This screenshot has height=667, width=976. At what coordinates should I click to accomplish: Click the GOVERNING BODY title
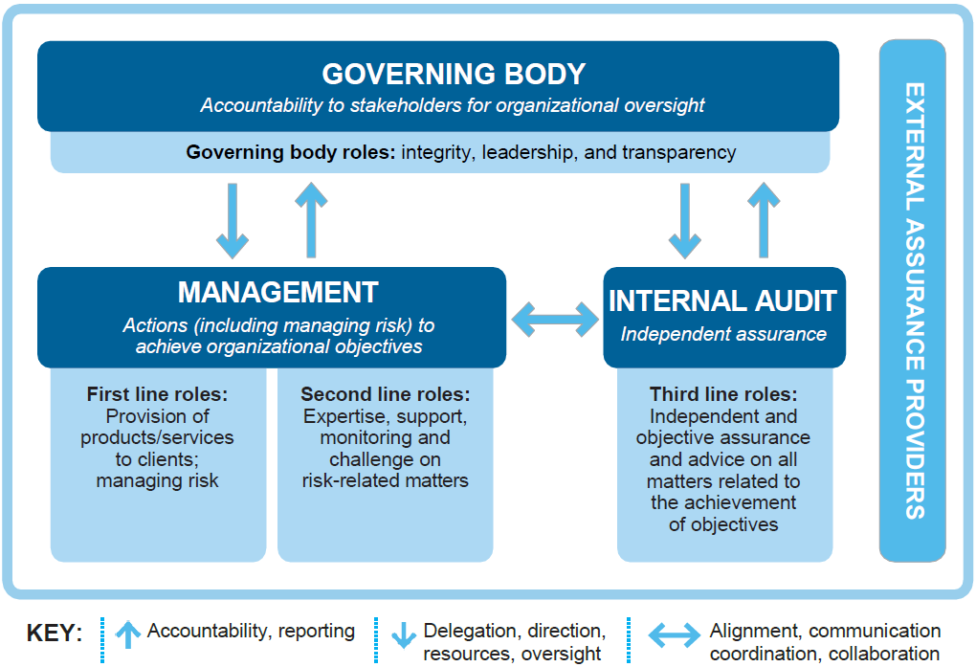click(454, 74)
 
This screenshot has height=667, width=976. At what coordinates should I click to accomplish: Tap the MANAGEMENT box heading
click(278, 292)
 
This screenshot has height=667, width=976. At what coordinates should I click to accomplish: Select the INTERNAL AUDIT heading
click(722, 300)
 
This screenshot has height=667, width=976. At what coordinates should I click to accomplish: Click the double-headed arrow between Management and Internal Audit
click(555, 320)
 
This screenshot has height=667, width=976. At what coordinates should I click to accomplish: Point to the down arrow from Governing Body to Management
click(233, 220)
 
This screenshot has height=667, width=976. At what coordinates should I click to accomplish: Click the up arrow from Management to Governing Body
click(311, 220)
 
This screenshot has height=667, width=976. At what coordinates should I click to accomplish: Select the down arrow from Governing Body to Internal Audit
click(685, 220)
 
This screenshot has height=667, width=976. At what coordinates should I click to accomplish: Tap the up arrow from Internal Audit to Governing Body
click(764, 220)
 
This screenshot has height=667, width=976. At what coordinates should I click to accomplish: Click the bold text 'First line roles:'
click(158, 394)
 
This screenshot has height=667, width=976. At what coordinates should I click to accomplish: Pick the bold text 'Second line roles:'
click(386, 394)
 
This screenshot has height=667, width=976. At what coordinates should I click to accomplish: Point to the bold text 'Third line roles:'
click(723, 394)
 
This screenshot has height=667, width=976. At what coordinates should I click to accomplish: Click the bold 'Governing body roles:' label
click(291, 152)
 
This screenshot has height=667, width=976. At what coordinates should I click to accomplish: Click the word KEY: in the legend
click(55, 633)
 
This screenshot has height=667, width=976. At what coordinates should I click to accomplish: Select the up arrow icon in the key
click(128, 634)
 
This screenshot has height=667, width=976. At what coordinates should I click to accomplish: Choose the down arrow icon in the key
click(404, 635)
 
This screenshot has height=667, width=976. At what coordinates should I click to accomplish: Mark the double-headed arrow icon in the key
click(675, 635)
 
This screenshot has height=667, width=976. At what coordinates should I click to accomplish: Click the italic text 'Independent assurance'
click(723, 334)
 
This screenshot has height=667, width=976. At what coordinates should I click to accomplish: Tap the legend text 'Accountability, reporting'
click(251, 632)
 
